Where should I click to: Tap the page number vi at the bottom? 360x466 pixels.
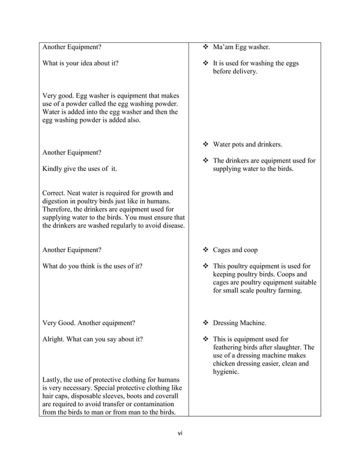click(x=180, y=433)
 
